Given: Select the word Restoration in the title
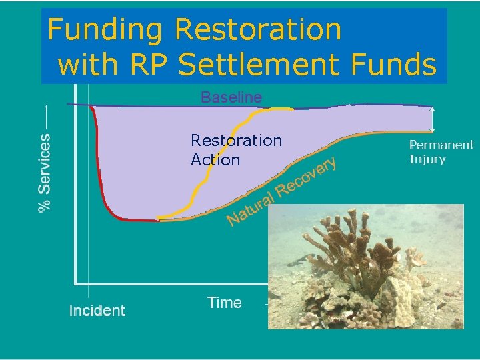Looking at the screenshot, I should click(x=258, y=30).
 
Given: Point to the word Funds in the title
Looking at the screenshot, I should click(x=403, y=65).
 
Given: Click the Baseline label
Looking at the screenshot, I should click(x=231, y=97).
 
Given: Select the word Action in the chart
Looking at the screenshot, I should click(x=215, y=160).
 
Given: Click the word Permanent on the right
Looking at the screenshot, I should click(x=441, y=145).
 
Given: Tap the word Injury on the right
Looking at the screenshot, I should click(x=427, y=159).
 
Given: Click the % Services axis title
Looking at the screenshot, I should click(x=45, y=173).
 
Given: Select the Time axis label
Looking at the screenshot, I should click(x=225, y=303).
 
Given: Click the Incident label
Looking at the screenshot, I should click(x=97, y=311).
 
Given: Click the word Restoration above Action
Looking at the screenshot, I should click(x=236, y=141).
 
